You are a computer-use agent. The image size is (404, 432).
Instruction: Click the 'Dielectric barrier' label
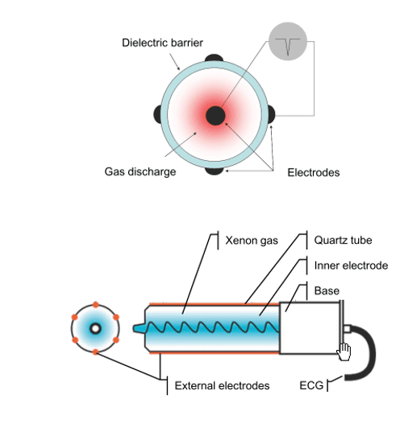click(x=162, y=43)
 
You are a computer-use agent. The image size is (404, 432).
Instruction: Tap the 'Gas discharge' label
click(x=140, y=171)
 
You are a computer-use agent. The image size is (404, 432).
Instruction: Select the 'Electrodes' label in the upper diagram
click(x=314, y=173)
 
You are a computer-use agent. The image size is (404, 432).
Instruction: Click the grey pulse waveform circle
click(x=288, y=41)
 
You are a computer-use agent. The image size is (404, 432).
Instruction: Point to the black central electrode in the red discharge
click(x=215, y=116)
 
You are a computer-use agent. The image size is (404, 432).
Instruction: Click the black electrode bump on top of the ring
click(x=214, y=58)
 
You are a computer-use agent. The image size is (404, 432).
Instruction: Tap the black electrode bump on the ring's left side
click(x=157, y=114)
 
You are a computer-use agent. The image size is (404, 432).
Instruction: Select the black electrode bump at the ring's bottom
click(x=214, y=171)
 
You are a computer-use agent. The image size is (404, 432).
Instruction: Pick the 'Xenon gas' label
click(x=252, y=241)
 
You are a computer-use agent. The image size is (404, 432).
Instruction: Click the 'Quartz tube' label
click(x=343, y=241)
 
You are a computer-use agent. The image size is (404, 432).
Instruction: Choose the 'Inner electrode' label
click(x=351, y=265)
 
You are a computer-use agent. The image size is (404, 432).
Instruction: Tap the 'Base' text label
click(x=327, y=291)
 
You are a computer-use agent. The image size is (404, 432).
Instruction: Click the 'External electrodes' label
click(x=222, y=385)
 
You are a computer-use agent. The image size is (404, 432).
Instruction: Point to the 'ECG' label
click(x=311, y=385)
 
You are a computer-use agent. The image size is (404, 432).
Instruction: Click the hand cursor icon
click(x=344, y=352)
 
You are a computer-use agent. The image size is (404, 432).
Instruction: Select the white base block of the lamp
click(x=310, y=328)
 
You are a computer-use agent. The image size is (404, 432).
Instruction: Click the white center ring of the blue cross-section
click(x=95, y=328)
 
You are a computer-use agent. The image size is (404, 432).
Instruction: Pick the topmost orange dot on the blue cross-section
click(x=95, y=305)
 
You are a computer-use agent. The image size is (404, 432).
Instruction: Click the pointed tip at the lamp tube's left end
click(x=134, y=328)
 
